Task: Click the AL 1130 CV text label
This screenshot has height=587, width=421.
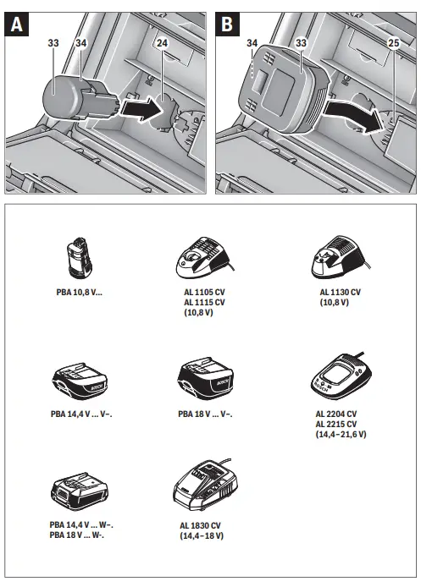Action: point(339,290)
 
